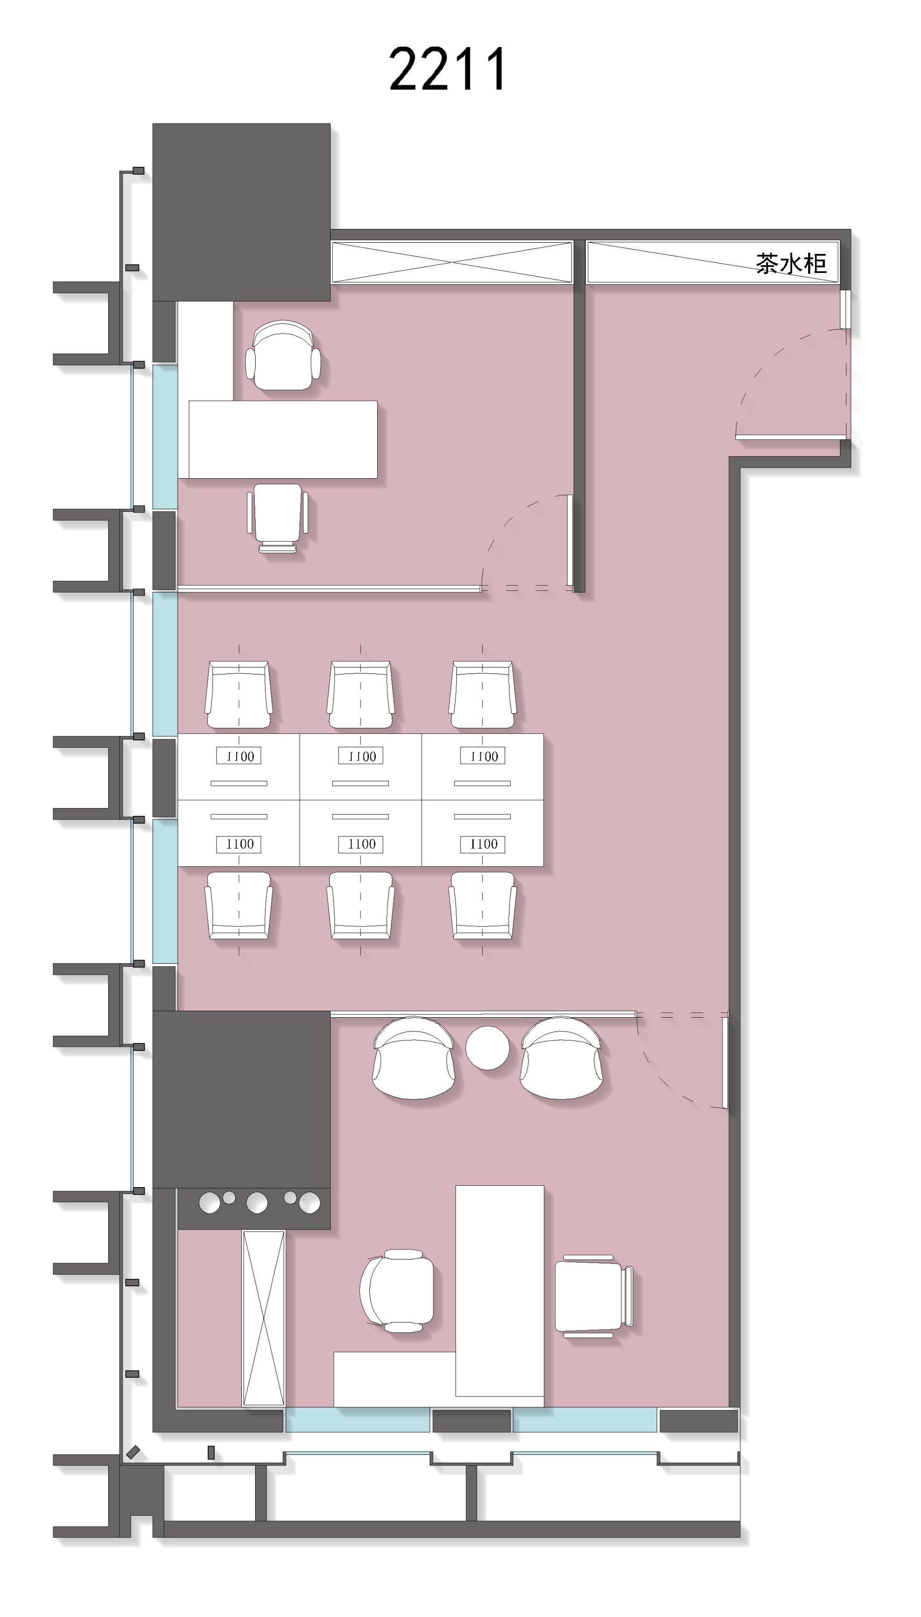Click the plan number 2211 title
[447, 68]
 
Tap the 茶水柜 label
[791, 263]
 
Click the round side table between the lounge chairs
[487, 1048]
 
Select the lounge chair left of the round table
[414, 1056]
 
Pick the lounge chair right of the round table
[561, 1056]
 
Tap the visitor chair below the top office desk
[278, 517]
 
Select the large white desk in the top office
[283, 439]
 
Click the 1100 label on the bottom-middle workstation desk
[361, 844]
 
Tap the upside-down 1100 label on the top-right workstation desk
[483, 756]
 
